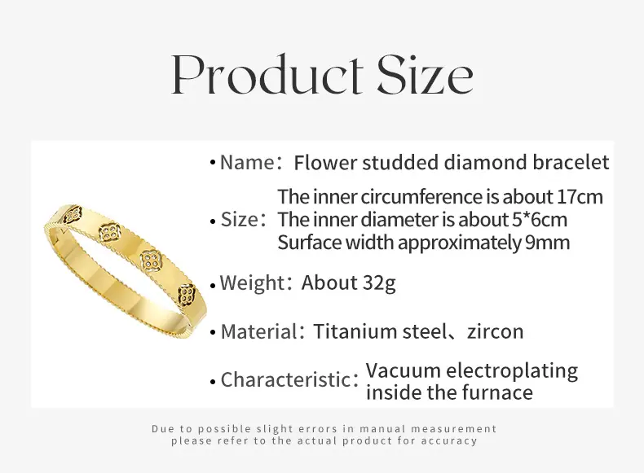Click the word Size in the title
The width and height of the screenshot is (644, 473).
(425, 74)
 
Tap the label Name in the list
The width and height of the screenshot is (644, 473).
(247, 162)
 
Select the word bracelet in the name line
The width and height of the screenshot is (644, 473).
(571, 162)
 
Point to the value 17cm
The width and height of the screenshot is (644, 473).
(580, 196)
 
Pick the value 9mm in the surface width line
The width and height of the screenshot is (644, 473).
(547, 243)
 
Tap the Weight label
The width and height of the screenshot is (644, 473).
(252, 282)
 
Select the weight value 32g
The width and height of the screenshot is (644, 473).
(380, 283)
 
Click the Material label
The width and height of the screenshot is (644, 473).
(258, 331)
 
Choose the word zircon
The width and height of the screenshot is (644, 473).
(496, 331)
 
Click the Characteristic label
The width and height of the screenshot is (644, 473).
(285, 379)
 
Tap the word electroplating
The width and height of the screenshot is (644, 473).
(512, 371)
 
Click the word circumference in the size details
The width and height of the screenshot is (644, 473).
(422, 196)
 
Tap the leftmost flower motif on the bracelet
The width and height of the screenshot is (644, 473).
(74, 215)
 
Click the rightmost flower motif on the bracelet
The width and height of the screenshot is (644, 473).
(187, 293)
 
